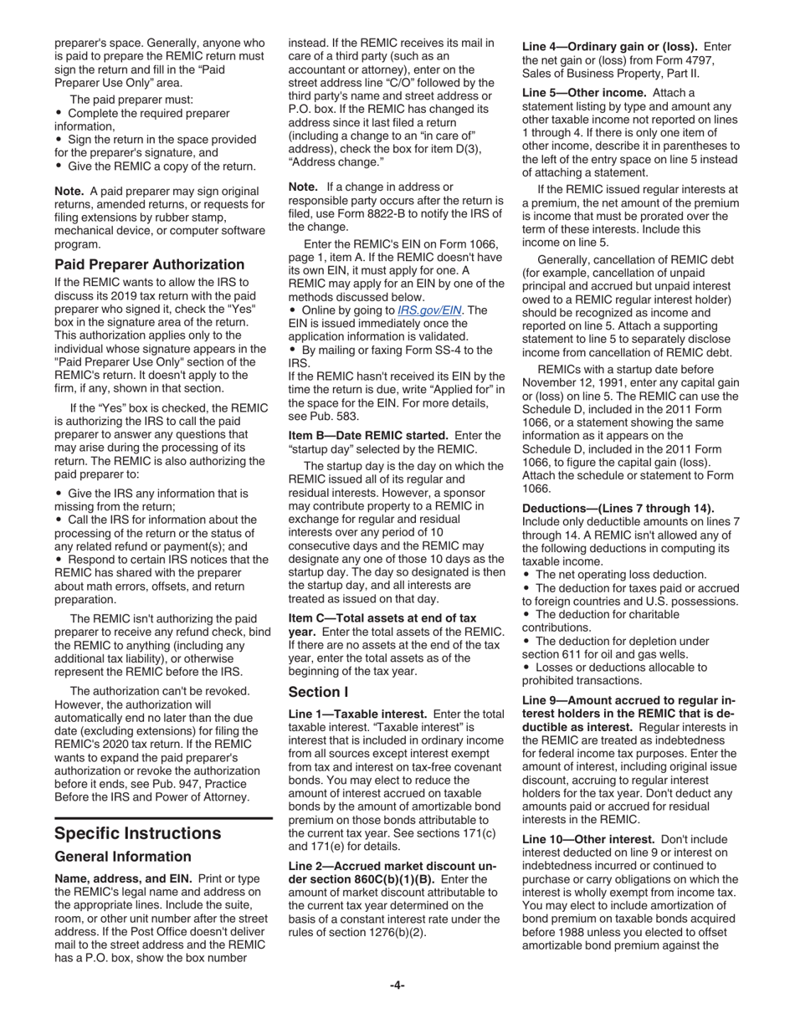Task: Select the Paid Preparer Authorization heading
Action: tap(149, 264)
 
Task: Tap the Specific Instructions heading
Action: tap(137, 833)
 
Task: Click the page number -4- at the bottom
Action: tap(397, 985)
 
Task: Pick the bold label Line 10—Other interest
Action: tap(588, 838)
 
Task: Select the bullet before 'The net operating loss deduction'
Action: tap(526, 575)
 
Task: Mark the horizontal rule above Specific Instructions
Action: tap(163, 817)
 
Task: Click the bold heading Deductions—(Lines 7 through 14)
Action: tap(618, 508)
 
